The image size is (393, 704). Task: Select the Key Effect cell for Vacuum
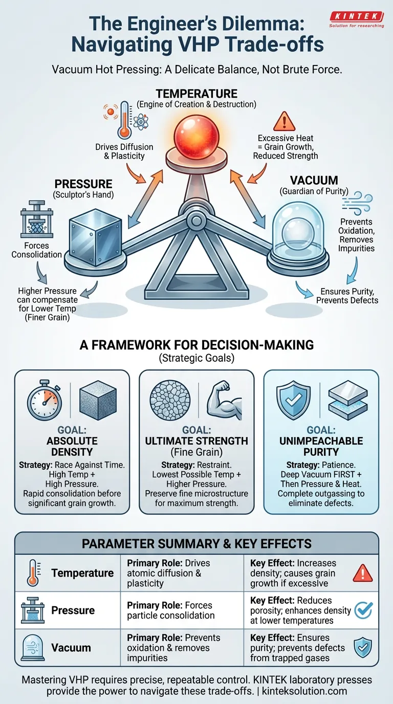click(297, 648)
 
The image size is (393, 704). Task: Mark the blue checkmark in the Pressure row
click(363, 610)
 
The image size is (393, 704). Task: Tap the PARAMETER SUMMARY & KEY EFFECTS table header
click(196, 543)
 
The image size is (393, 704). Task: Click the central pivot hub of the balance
click(196, 222)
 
